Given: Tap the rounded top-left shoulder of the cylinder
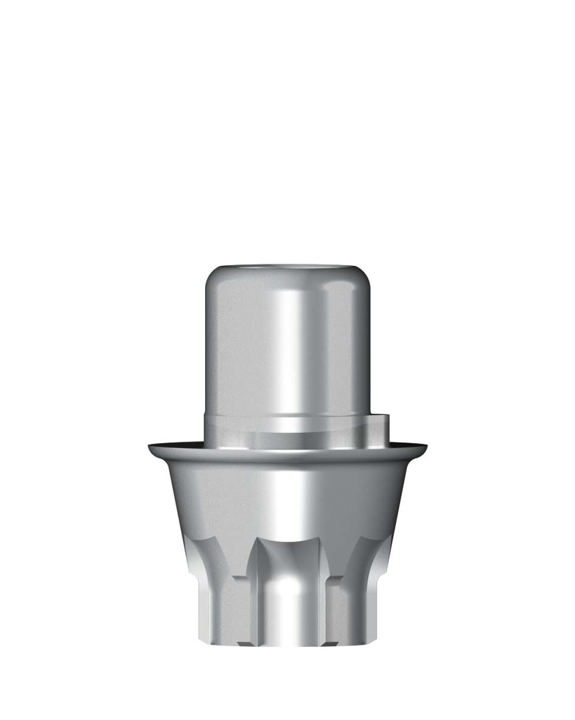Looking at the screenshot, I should point(211,278).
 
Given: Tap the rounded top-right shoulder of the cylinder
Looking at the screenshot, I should point(364,278).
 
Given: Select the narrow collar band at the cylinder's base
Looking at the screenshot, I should point(288,425).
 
